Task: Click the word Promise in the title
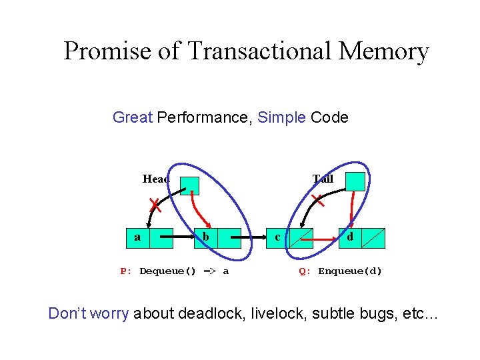[106, 51]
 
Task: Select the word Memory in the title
[386, 51]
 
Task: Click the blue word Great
[133, 118]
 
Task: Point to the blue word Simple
[281, 118]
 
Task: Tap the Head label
[156, 179]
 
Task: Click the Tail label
[323, 179]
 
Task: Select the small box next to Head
[190, 186]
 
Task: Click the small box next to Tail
[355, 181]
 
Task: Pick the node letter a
[137, 237]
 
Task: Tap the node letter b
[207, 237]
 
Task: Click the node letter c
[277, 237]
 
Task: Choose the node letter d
[350, 237]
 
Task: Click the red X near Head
[155, 203]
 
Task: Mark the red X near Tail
[318, 198]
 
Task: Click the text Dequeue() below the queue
[167, 271]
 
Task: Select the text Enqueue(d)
[350, 271]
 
